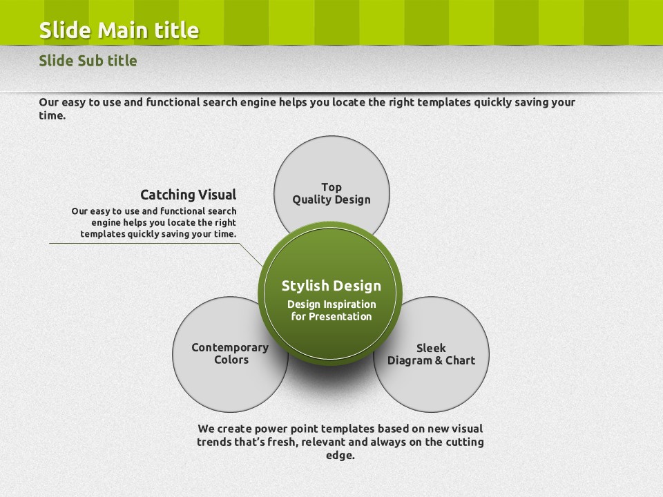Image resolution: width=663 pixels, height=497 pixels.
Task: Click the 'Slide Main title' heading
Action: point(119,30)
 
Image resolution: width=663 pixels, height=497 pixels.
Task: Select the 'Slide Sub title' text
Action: point(88,61)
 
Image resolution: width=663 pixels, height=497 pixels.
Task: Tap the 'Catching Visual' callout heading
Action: point(188,195)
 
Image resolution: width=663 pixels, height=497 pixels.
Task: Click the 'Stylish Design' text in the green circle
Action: point(331,286)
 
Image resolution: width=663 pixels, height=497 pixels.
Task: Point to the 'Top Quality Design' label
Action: point(331,193)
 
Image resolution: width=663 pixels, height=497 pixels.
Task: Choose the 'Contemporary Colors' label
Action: point(230,353)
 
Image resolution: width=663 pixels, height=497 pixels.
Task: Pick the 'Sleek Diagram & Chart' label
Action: point(431,354)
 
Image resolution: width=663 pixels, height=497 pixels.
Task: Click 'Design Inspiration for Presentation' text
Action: point(331,310)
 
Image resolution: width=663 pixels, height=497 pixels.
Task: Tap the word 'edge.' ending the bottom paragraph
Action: point(340,455)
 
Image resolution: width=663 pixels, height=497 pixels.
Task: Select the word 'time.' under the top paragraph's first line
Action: point(52,115)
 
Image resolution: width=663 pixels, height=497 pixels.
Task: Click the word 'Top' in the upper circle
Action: point(331,187)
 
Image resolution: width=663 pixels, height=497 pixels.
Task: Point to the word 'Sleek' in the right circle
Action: point(431,348)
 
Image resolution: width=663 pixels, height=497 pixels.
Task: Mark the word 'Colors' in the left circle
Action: point(231,360)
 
